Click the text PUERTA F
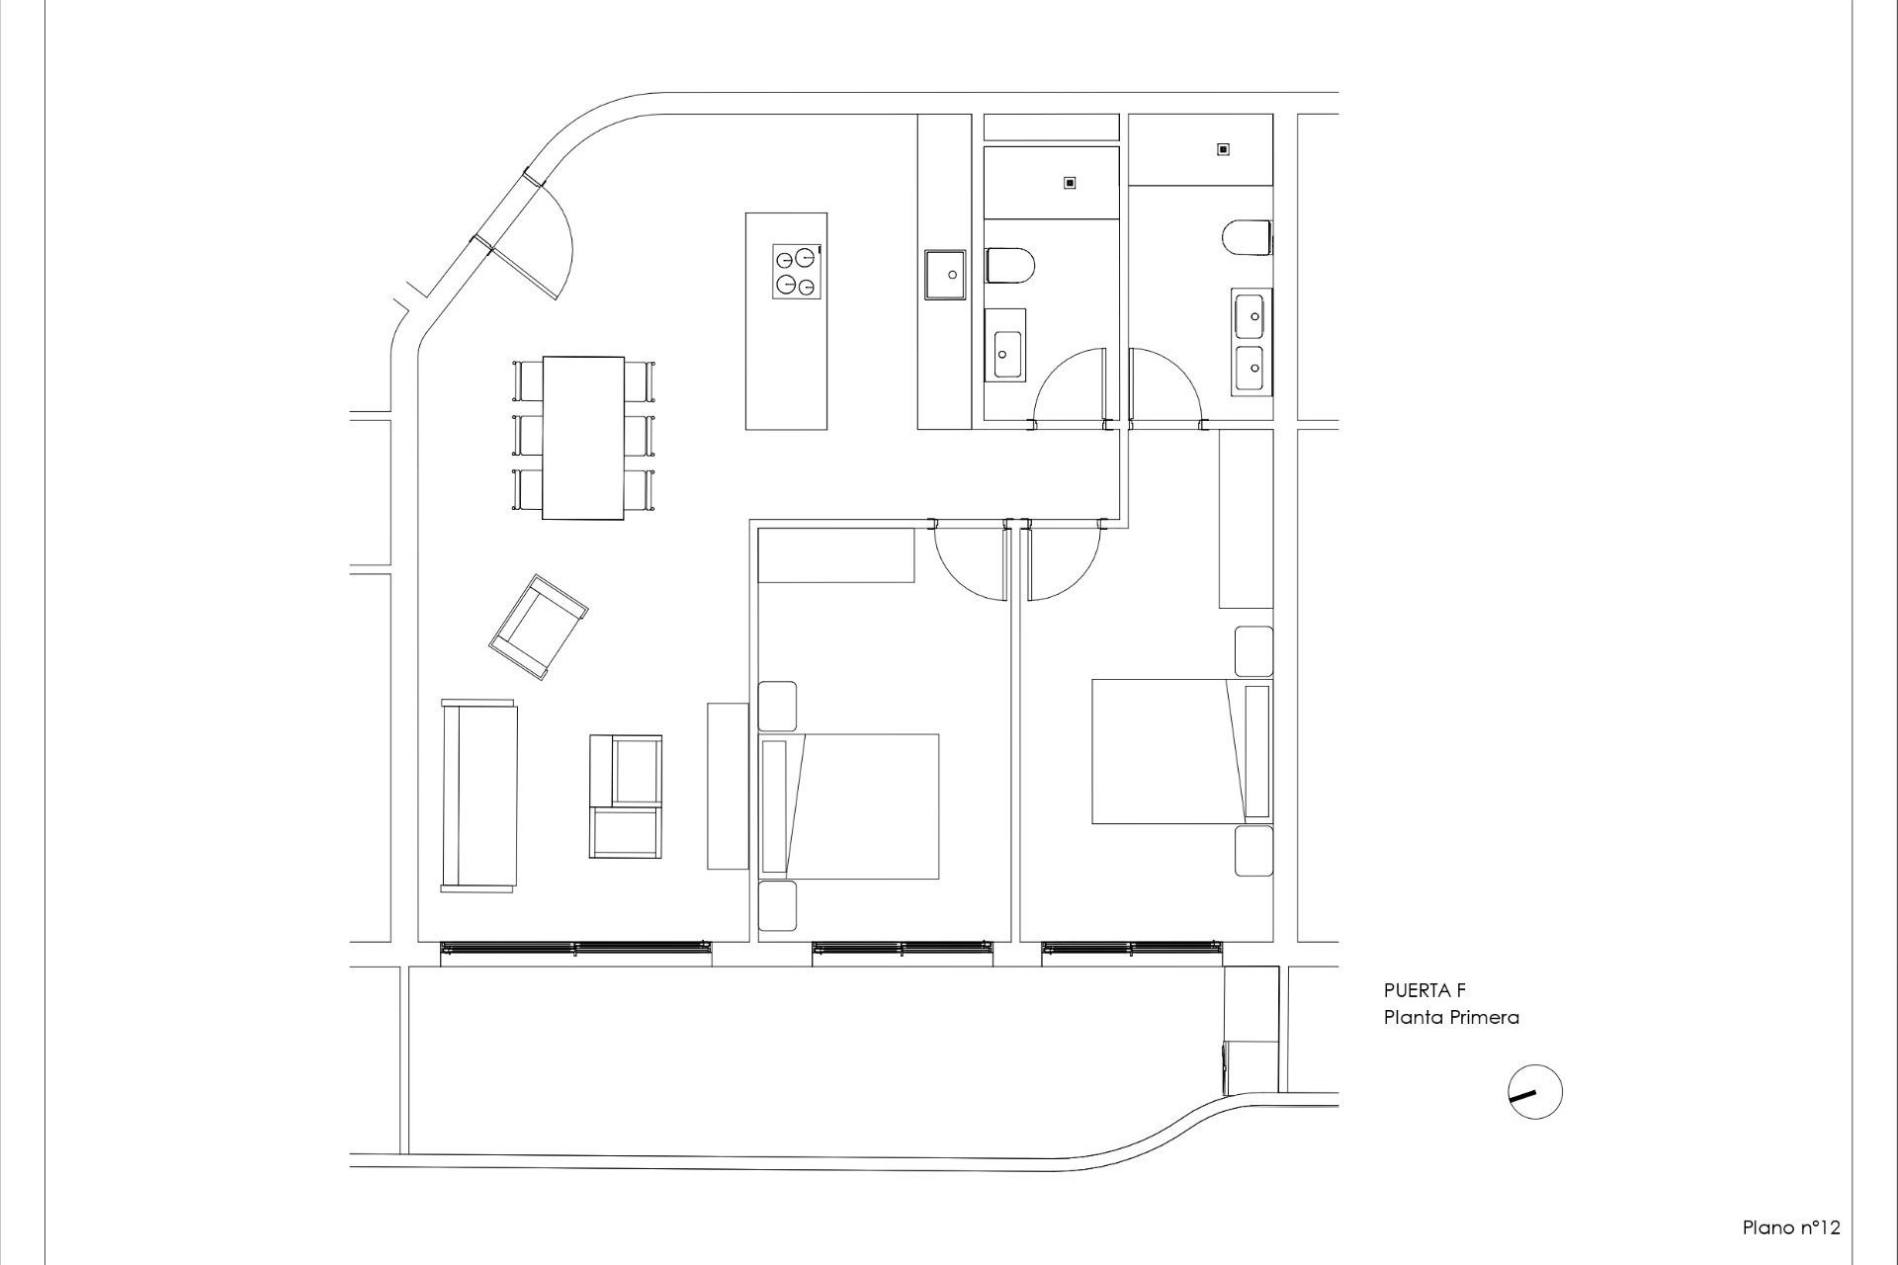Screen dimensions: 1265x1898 (x=1423, y=991)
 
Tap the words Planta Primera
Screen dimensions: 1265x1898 (x=1450, y=1017)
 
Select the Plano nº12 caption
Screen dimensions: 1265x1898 (x=1790, y=1227)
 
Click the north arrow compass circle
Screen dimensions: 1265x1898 (x=1535, y=1092)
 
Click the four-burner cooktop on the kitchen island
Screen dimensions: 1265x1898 (x=797, y=270)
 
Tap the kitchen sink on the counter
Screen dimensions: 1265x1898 (x=944, y=274)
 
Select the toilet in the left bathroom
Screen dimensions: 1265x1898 (x=1008, y=266)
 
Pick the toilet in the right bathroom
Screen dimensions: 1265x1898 (x=1247, y=238)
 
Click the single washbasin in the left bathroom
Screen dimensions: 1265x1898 (x=1007, y=344)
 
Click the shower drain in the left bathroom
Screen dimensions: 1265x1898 (x=1069, y=183)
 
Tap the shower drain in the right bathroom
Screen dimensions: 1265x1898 (x=1223, y=149)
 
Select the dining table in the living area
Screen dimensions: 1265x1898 (x=583, y=437)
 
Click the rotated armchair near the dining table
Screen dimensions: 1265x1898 (x=539, y=627)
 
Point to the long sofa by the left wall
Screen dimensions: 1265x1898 (x=479, y=796)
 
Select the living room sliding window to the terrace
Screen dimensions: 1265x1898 (x=575, y=949)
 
